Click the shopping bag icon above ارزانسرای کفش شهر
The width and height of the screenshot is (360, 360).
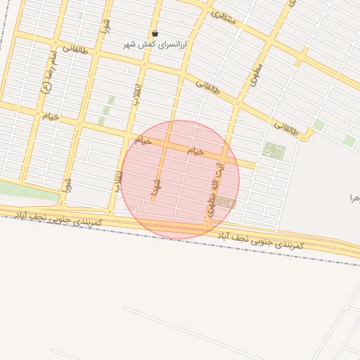[x=155, y=33]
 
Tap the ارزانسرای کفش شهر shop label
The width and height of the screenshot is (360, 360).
[x=167, y=44]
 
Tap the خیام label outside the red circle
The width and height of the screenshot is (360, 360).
[x=50, y=116]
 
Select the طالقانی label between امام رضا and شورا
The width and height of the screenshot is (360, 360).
[x=75, y=49]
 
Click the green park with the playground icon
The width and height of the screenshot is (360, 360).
[x=273, y=150]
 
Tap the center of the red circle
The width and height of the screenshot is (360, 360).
[x=180, y=180]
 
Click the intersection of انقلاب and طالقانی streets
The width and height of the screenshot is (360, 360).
[x=143, y=65]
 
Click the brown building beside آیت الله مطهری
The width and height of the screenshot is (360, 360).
[x=225, y=202]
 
